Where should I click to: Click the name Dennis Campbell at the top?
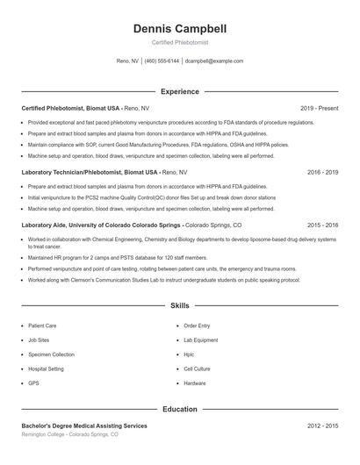[x=179, y=29]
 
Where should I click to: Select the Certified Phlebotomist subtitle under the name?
[x=179, y=42]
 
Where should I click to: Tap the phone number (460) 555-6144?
[x=162, y=61]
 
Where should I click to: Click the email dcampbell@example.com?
[x=214, y=61]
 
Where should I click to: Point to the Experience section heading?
[x=179, y=91]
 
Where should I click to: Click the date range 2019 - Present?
[x=319, y=108]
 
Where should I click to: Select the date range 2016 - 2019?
[x=322, y=172]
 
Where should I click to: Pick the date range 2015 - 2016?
[x=322, y=225]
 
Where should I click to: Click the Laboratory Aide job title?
[x=44, y=225]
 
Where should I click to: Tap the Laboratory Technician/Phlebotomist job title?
[x=70, y=172]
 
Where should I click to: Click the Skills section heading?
[x=179, y=306]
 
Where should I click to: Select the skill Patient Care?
[x=43, y=325]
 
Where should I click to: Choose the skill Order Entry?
[x=197, y=325]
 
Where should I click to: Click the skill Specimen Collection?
[x=51, y=354]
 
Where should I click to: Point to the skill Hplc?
[x=189, y=354]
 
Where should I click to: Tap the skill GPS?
[x=33, y=383]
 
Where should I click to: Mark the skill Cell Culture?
[x=197, y=369]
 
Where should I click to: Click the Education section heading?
[x=179, y=409]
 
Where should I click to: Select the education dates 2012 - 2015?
[x=322, y=426]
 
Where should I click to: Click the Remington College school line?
[x=70, y=434]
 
